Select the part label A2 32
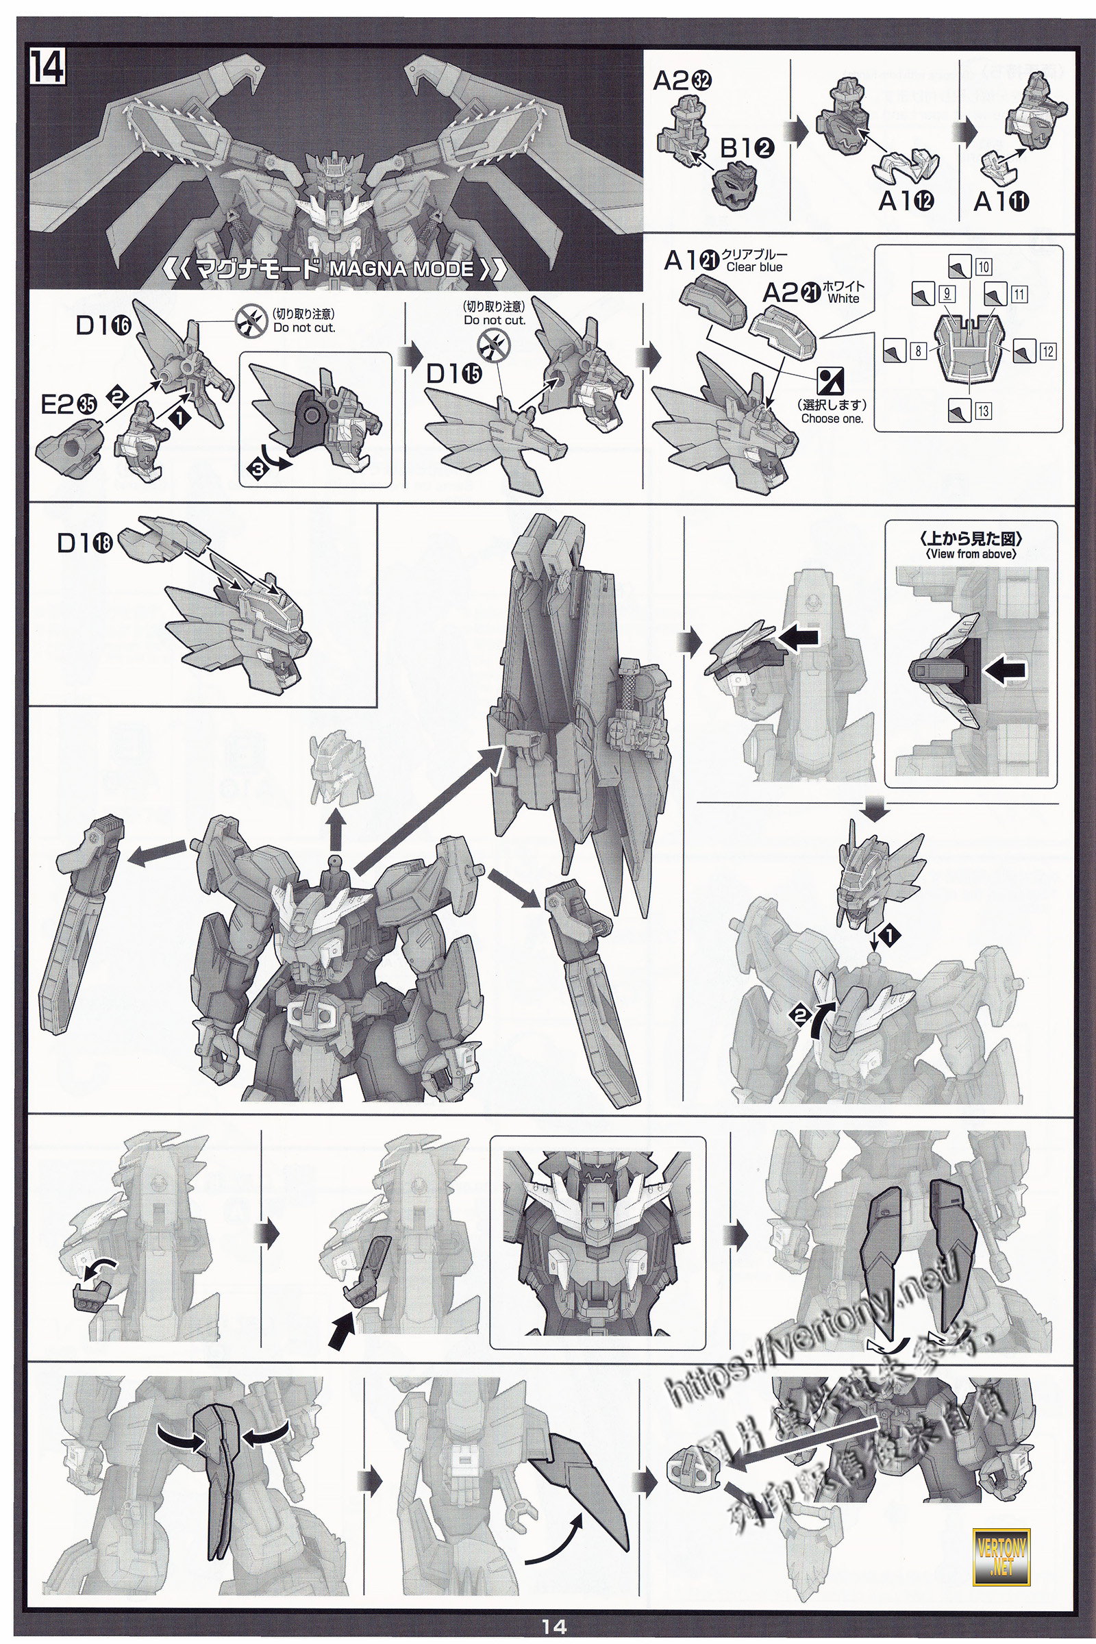tap(682, 82)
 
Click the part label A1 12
tap(906, 201)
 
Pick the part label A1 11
tap(1001, 202)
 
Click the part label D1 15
tap(454, 375)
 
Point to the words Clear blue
tap(754, 267)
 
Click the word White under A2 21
tap(843, 299)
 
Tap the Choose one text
tap(832, 419)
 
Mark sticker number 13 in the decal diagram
tap(983, 411)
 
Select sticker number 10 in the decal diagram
tap(983, 267)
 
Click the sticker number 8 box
tap(918, 352)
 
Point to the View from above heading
tap(971, 554)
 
